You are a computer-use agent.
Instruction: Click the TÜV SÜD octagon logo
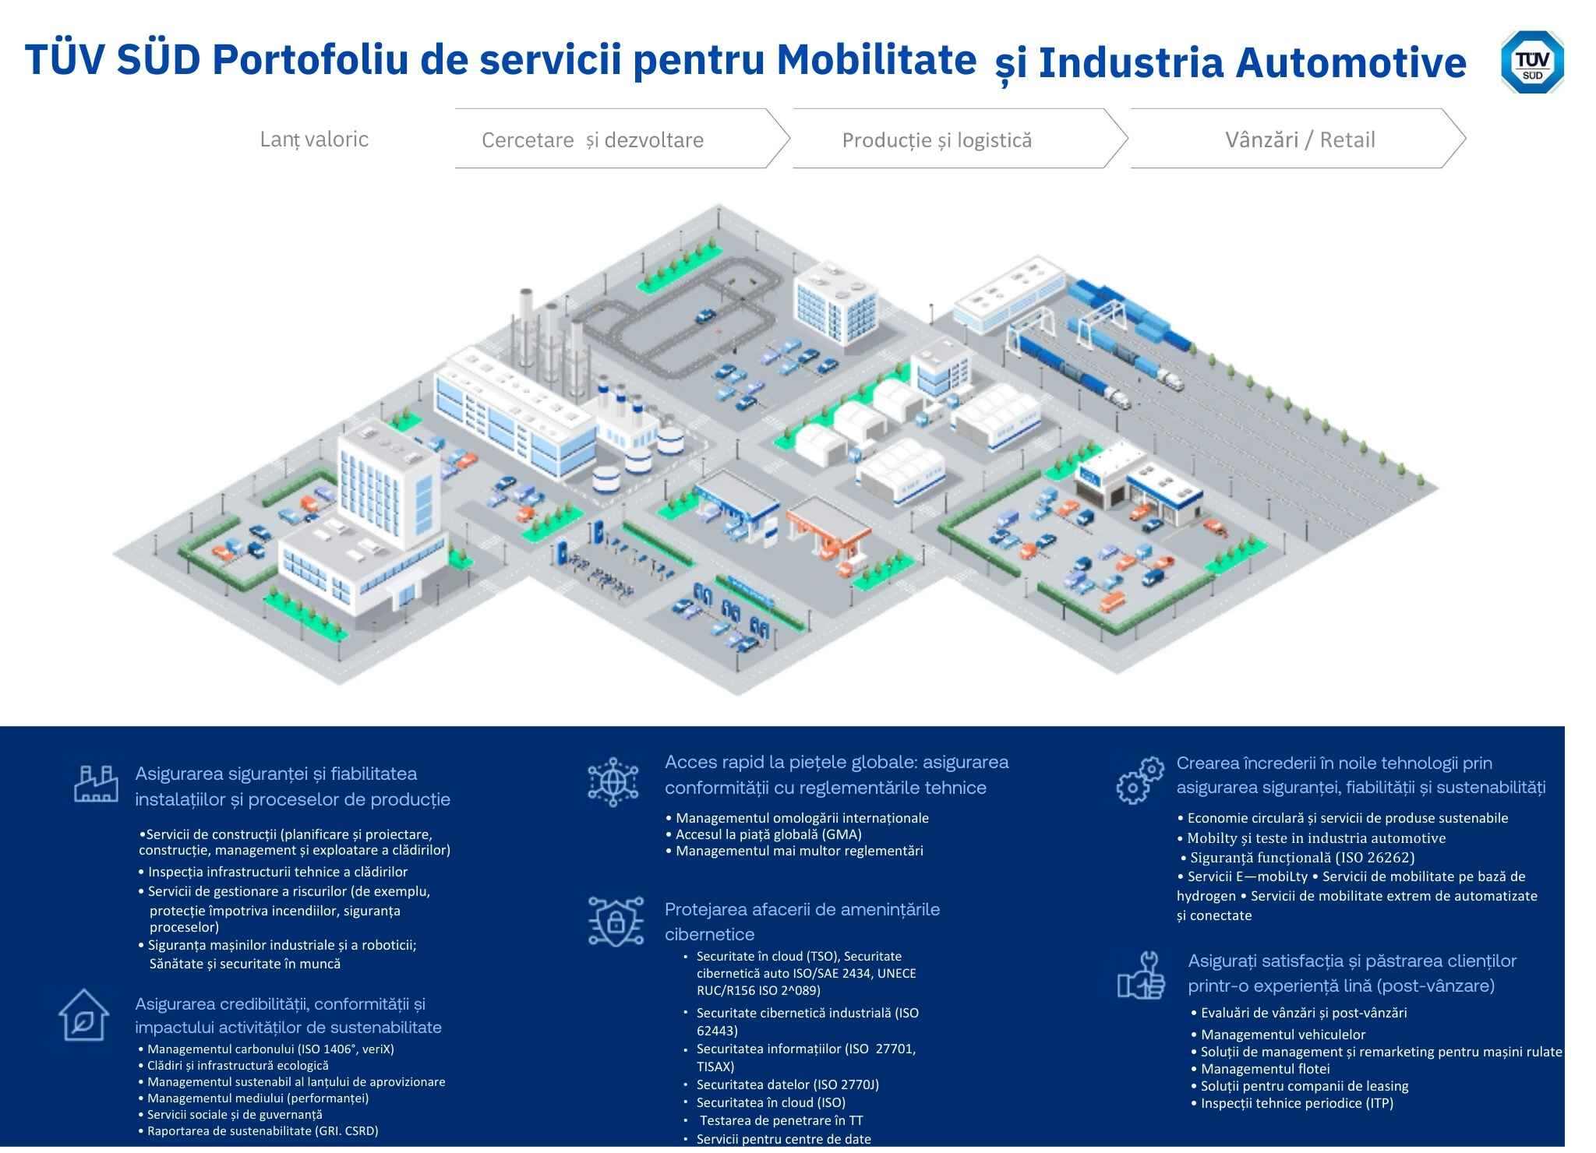[x=1532, y=62]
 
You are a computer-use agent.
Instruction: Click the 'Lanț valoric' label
[x=314, y=139]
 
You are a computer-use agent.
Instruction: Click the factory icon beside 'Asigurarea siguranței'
[x=96, y=784]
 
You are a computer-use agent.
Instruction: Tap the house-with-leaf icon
[x=83, y=1015]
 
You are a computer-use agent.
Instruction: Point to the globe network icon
[x=613, y=781]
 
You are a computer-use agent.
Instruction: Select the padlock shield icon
[x=616, y=922]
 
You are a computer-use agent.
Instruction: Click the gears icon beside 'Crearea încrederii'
[x=1140, y=781]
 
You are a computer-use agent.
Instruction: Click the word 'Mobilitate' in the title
[x=877, y=58]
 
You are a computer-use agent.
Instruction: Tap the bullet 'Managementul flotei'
[x=1260, y=1069]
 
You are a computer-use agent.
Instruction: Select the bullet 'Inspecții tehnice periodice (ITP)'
[x=1292, y=1103]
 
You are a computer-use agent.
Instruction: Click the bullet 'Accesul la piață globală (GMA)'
[x=764, y=834]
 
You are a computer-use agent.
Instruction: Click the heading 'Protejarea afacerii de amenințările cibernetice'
[x=802, y=922]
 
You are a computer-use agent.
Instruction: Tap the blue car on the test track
[x=704, y=316]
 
